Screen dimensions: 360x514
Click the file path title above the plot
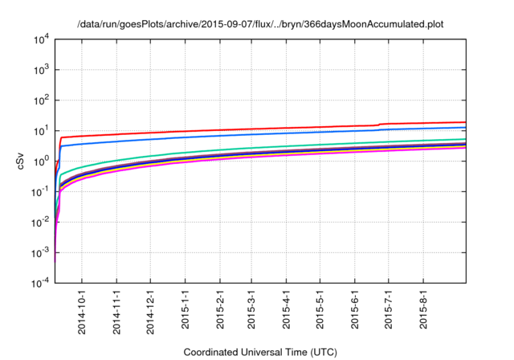click(260, 25)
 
